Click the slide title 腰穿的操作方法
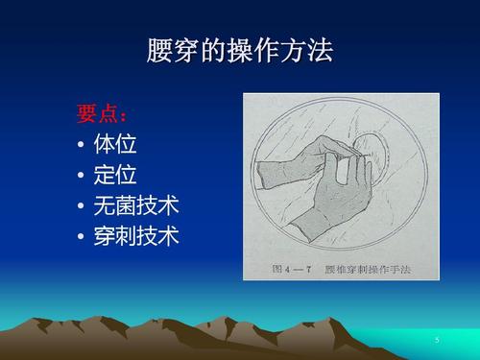point(240,50)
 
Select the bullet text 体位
point(115,145)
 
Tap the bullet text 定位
point(115,176)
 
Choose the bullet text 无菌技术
point(136,205)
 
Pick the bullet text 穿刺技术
point(136,236)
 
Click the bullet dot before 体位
point(81,146)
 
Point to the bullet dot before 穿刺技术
point(81,237)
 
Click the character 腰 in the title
point(159,50)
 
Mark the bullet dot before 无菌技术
point(81,206)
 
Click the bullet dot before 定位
point(81,177)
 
